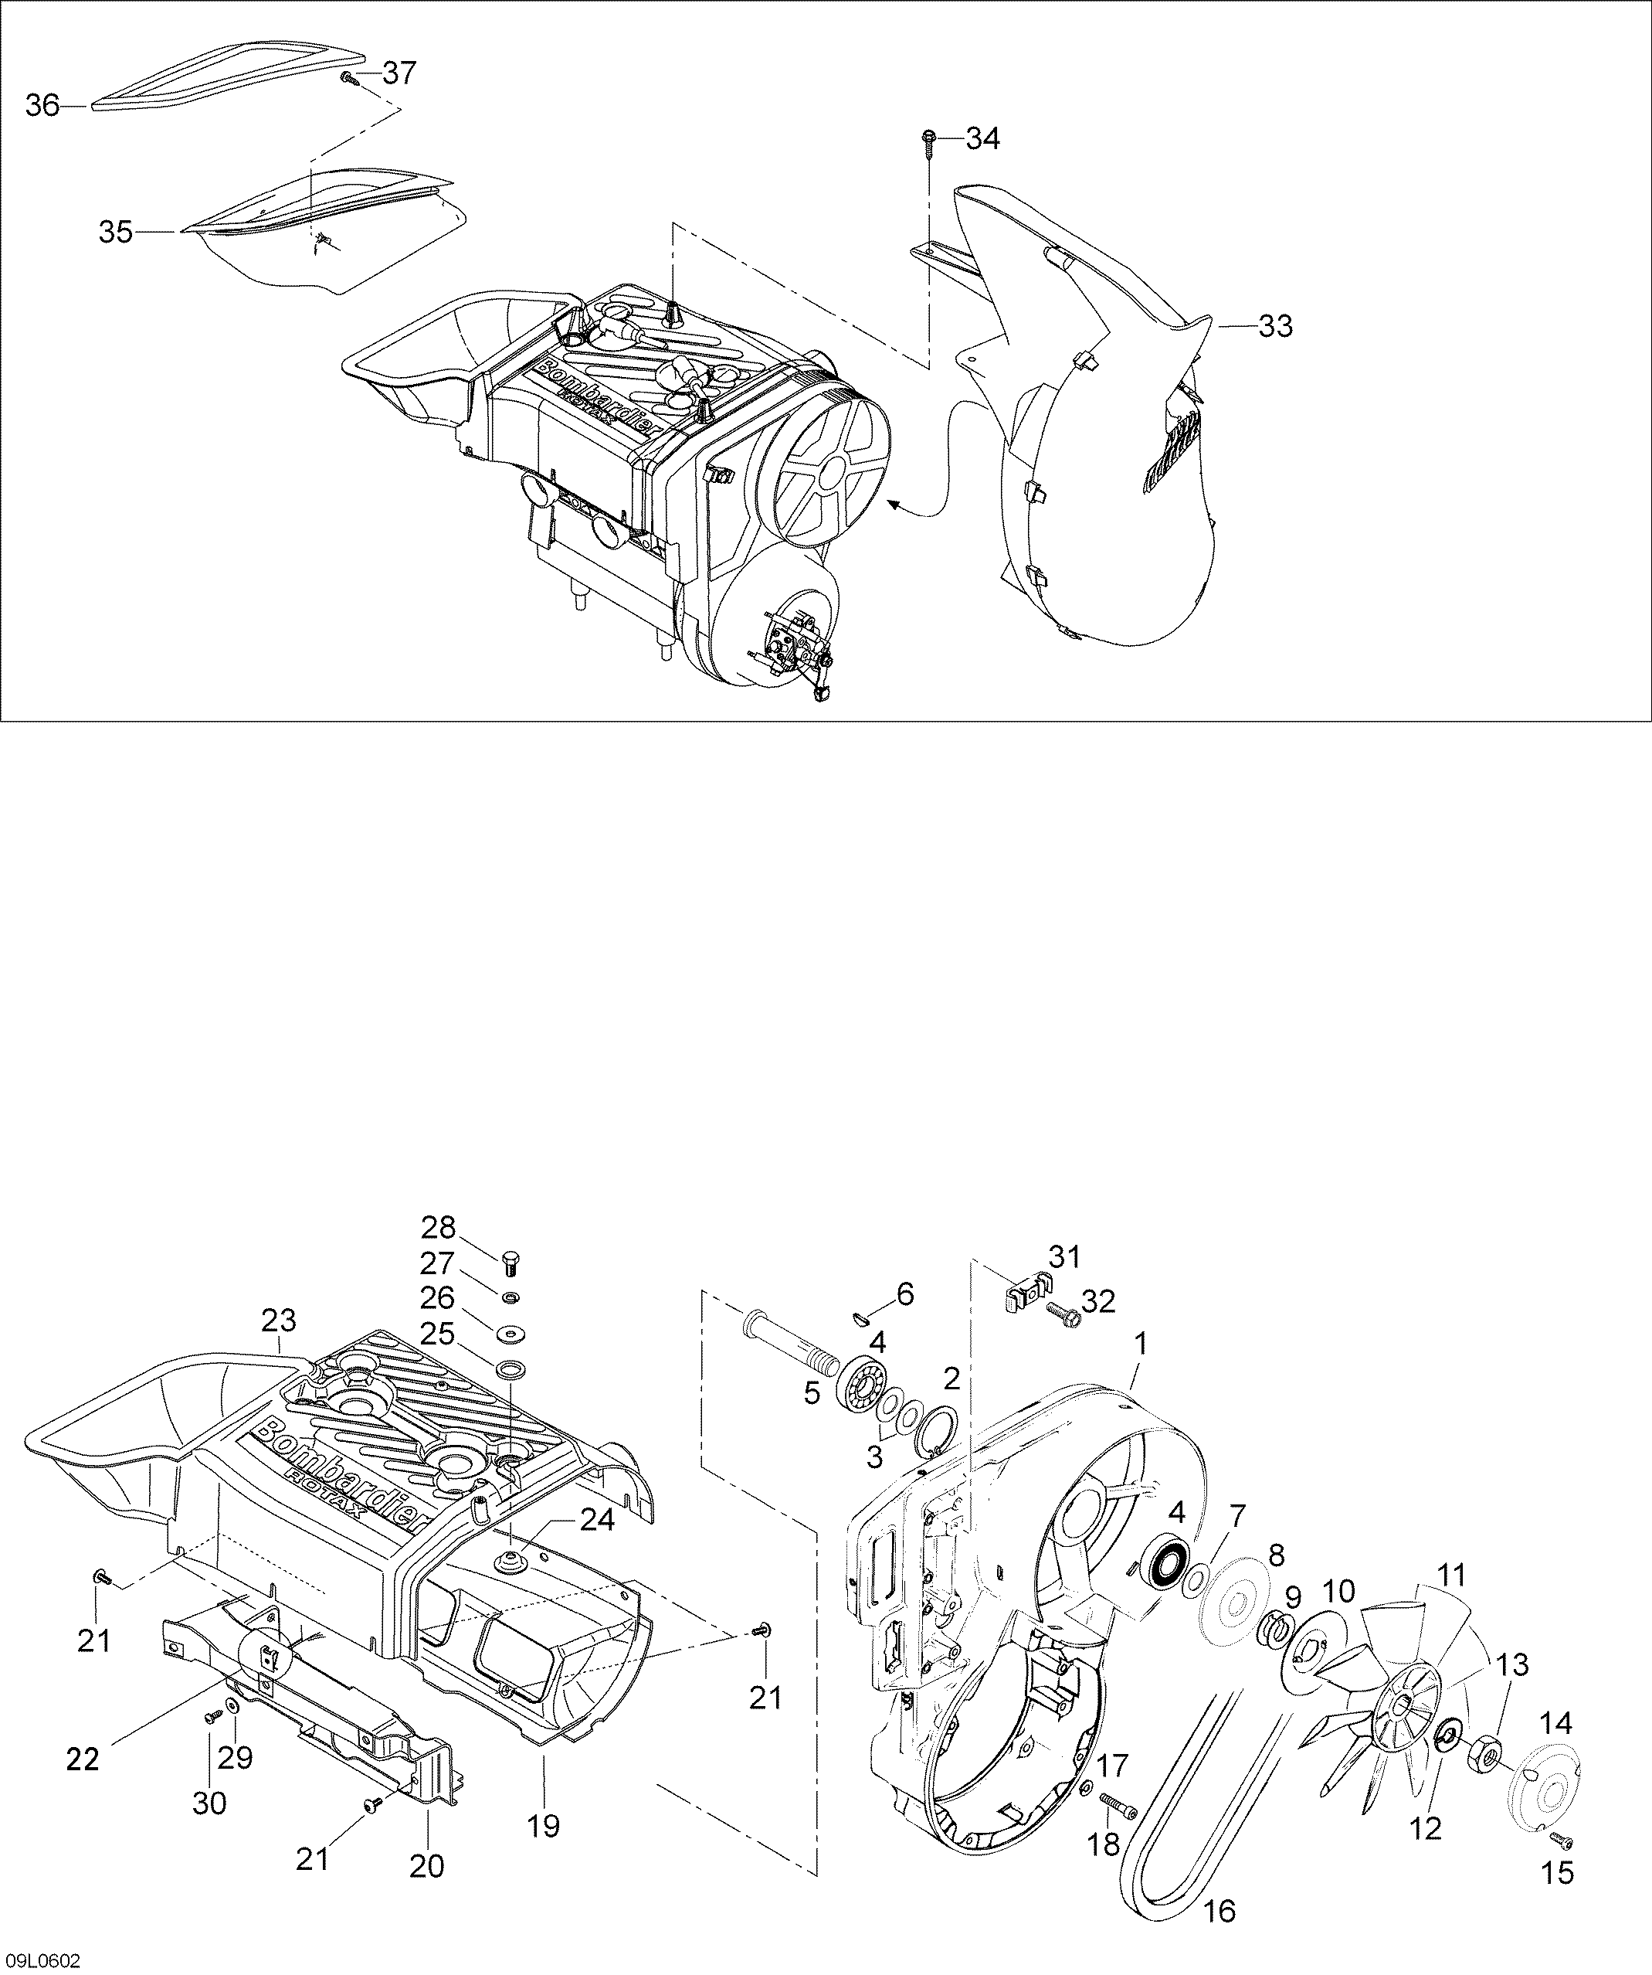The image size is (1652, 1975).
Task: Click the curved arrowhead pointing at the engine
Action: (x=895, y=506)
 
